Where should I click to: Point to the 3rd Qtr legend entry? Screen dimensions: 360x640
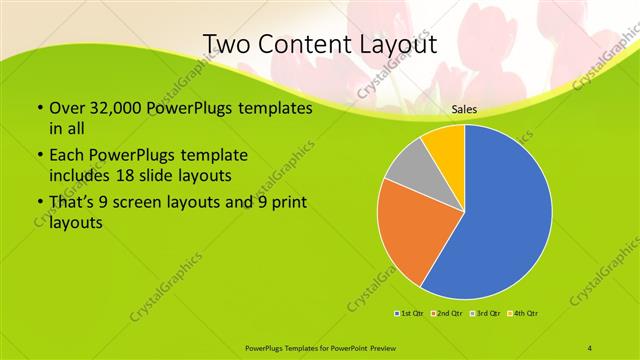[485, 314]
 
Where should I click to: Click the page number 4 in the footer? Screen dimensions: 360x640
[590, 347]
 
